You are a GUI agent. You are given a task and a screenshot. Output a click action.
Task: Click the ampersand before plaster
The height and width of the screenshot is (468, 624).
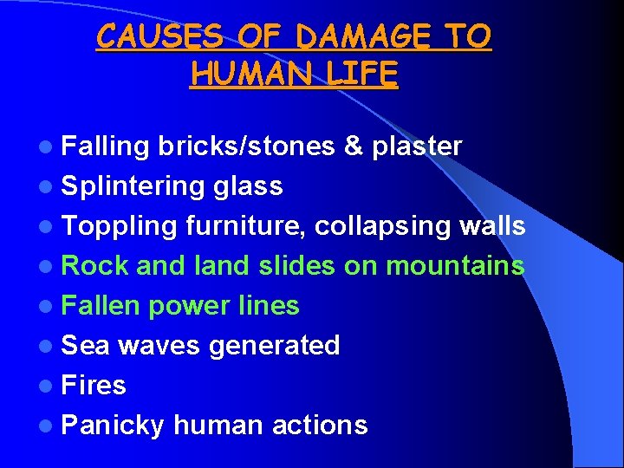tap(353, 146)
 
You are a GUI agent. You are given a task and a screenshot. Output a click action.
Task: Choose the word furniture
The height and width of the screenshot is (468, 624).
tap(246, 226)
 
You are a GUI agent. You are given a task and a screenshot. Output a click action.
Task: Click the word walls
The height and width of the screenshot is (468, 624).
tap(492, 226)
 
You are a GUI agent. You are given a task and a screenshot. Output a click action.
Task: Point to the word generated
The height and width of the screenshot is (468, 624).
tap(275, 346)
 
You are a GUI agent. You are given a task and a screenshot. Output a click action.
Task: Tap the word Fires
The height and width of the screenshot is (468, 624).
tap(94, 385)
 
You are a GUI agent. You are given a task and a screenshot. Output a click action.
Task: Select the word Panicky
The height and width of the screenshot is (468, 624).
tap(113, 426)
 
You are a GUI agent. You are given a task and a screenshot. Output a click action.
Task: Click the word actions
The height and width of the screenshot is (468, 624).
tap(320, 426)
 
